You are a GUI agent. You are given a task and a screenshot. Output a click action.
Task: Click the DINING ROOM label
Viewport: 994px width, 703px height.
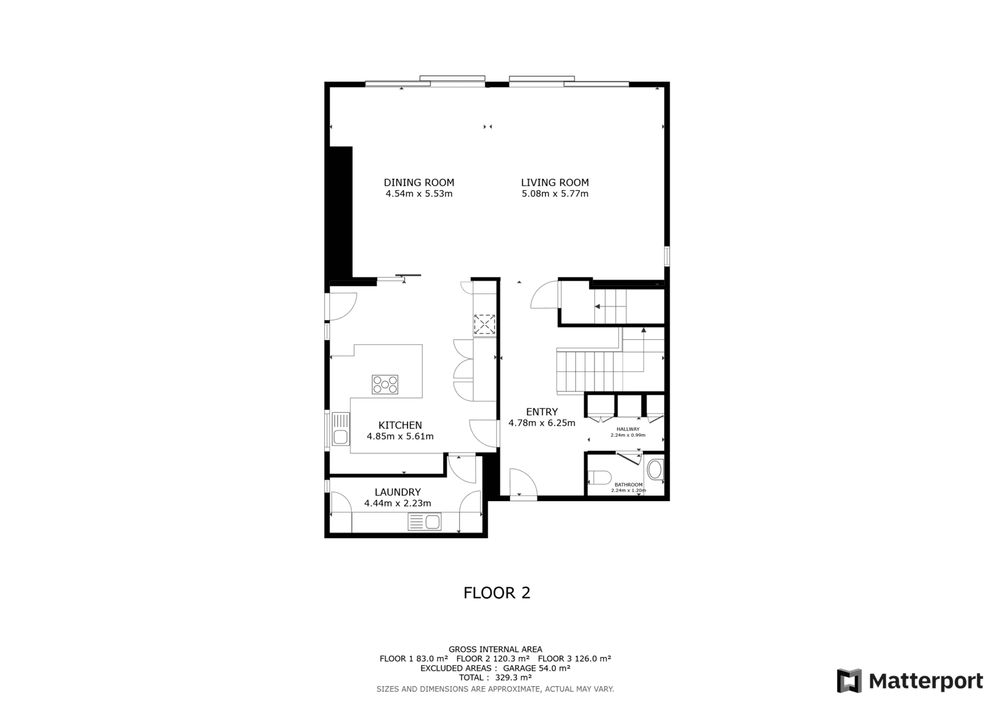[x=419, y=183]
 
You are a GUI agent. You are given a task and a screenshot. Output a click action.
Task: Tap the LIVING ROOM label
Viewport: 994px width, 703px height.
[x=555, y=183]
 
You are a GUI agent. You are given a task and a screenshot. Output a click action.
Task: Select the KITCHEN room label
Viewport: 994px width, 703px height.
[x=400, y=425]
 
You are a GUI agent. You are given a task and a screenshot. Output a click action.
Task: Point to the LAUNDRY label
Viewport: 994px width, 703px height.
[x=398, y=492]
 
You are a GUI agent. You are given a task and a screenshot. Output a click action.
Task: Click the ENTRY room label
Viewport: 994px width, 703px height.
[x=542, y=411]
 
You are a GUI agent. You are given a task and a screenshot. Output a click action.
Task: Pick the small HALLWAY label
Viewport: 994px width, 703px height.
[x=628, y=429]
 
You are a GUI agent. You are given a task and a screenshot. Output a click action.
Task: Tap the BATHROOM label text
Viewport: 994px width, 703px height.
[x=628, y=484]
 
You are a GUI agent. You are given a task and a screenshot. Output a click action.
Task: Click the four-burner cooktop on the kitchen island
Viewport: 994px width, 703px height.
[x=385, y=385]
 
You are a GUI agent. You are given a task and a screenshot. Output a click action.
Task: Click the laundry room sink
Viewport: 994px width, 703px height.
[x=425, y=522]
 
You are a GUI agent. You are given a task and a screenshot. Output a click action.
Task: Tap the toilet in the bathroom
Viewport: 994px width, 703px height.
[x=600, y=477]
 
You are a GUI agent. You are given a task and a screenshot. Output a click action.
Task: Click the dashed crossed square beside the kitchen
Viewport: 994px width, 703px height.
[x=485, y=324]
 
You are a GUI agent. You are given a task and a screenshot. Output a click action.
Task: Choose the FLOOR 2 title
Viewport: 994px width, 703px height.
[x=497, y=593]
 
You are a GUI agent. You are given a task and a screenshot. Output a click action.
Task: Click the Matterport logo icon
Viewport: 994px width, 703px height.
[x=849, y=681]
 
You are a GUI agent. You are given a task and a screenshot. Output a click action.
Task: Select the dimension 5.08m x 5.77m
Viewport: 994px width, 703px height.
[x=555, y=194]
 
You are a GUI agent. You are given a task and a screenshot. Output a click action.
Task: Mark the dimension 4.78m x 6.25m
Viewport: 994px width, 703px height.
[x=542, y=423]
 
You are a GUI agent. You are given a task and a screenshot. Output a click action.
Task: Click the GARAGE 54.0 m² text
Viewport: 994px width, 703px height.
[x=537, y=668]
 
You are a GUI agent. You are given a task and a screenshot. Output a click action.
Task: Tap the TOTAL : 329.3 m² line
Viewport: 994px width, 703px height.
[x=495, y=678]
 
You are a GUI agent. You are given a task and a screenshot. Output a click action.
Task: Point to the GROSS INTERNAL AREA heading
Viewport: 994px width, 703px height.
[x=495, y=650]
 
